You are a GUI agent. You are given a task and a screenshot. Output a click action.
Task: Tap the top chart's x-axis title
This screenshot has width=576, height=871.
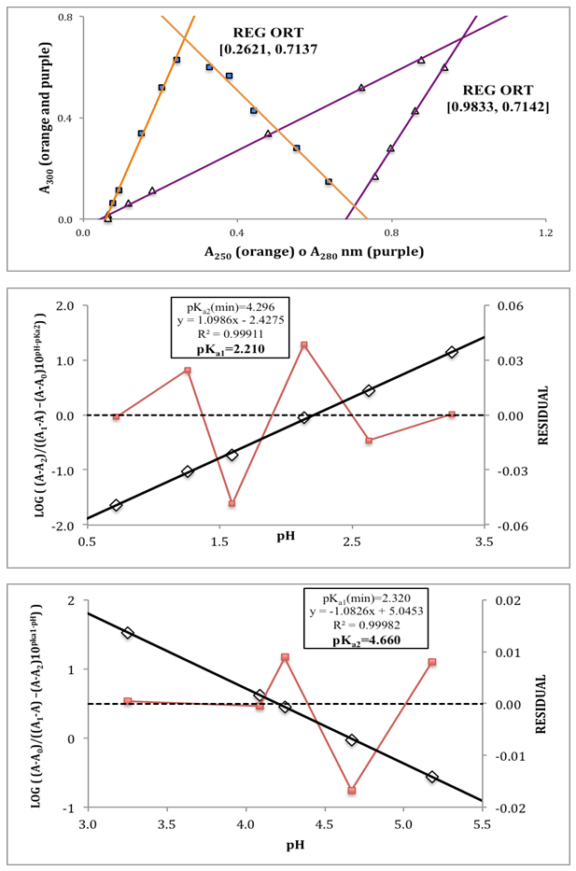(314, 251)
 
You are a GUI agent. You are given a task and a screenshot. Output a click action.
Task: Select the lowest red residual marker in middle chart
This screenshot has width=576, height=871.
(232, 503)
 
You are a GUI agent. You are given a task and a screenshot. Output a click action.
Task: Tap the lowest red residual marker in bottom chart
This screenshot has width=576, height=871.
(352, 791)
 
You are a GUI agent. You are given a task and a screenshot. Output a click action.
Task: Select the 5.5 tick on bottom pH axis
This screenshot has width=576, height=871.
(483, 825)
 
